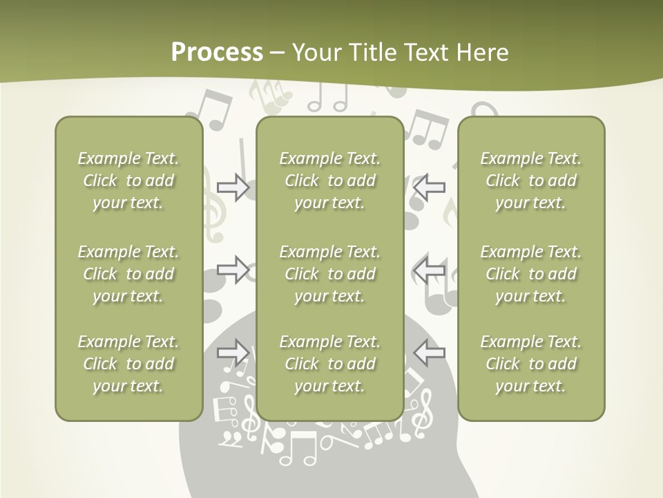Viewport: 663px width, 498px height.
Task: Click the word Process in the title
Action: (x=217, y=53)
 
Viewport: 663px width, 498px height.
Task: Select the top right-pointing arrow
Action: (x=233, y=187)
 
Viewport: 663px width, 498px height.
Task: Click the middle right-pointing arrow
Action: (x=233, y=270)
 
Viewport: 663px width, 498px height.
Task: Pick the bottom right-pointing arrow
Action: (x=233, y=353)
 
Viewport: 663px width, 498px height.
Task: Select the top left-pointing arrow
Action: (x=429, y=187)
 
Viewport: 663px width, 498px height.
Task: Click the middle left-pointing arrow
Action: (x=429, y=270)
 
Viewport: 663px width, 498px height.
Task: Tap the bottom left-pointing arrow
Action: (x=429, y=353)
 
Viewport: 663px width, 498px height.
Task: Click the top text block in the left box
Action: (x=128, y=181)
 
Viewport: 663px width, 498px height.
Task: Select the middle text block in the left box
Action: (x=128, y=274)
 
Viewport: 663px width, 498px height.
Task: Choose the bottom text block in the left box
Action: (x=128, y=364)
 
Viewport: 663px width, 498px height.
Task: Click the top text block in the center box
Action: (x=329, y=181)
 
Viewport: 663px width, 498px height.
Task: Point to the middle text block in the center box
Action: (x=329, y=274)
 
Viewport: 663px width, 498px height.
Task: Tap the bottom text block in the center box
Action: (x=329, y=364)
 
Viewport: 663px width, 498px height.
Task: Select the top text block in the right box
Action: (x=530, y=181)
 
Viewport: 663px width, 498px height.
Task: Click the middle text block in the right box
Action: (x=530, y=274)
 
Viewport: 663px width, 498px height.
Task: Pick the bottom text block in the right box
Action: (x=530, y=364)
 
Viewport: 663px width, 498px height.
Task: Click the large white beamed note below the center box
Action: (x=298, y=448)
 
